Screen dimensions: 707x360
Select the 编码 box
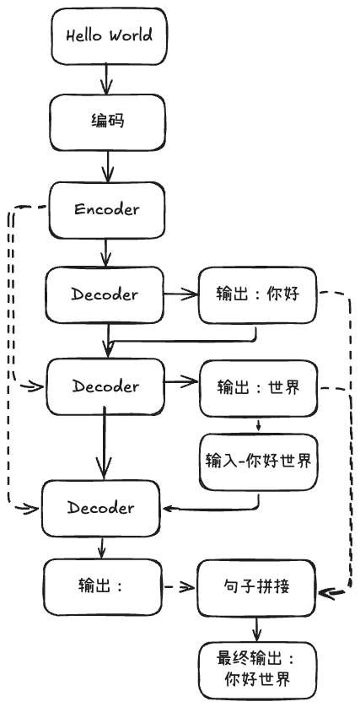(107, 121)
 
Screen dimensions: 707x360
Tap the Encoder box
(106, 208)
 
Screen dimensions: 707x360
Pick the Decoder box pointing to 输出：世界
(105, 386)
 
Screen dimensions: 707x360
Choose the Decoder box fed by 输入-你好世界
(100, 508)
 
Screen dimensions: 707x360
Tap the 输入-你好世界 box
(258, 461)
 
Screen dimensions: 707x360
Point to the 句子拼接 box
(258, 586)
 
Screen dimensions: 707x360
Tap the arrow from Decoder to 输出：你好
(179, 294)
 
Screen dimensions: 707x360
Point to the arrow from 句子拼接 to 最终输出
(258, 628)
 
